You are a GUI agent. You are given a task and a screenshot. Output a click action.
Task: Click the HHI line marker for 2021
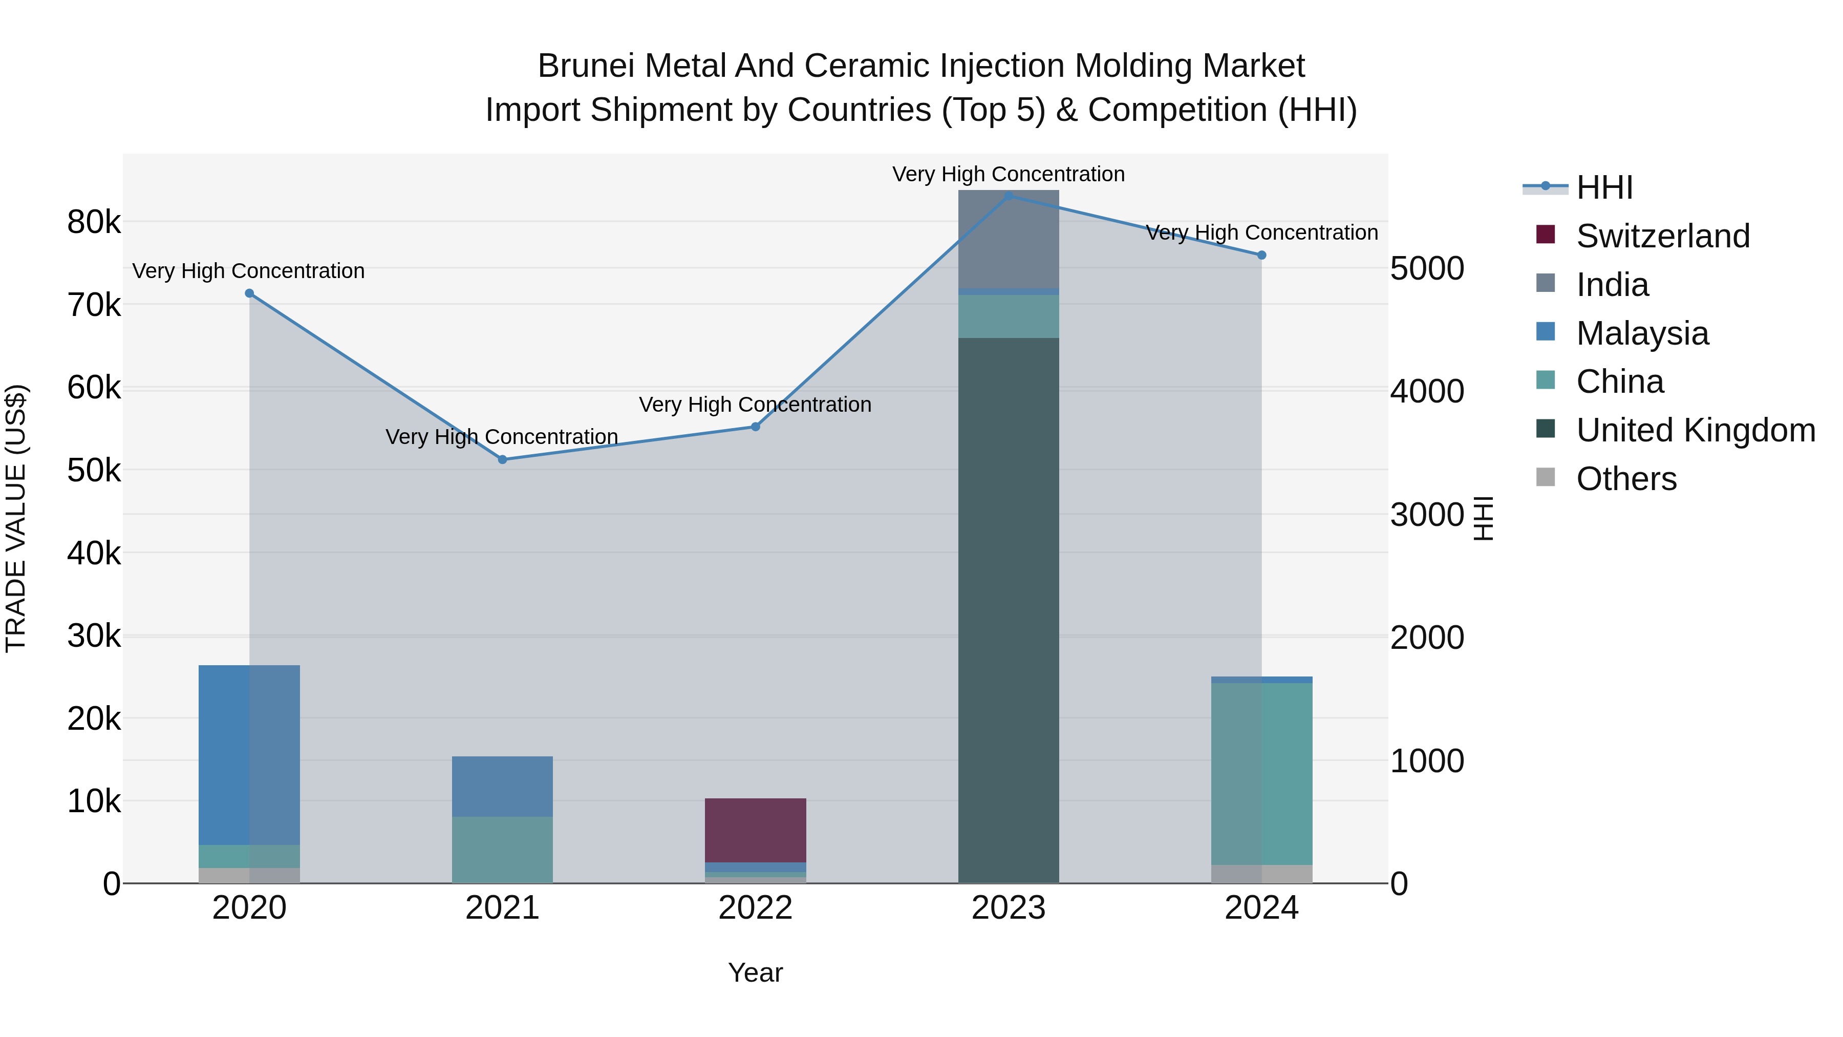(502, 459)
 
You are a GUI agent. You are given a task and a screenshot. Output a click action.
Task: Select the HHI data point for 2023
(1009, 196)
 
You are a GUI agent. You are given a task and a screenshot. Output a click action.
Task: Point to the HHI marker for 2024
(1261, 256)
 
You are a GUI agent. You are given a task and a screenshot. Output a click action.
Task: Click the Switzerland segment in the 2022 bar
(756, 830)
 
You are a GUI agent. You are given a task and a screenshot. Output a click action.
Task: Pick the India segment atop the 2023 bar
(1009, 239)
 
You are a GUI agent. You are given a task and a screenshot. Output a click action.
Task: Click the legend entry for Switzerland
(1663, 236)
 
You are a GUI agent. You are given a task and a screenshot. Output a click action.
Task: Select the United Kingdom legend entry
(1696, 430)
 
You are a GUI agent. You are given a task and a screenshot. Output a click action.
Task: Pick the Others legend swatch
(1546, 477)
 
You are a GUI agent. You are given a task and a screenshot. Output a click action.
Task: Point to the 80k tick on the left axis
(94, 222)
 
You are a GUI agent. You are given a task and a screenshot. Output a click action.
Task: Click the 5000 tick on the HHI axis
(1427, 269)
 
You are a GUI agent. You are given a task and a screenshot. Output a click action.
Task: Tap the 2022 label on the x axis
(756, 908)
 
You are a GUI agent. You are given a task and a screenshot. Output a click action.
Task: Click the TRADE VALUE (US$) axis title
(16, 518)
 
